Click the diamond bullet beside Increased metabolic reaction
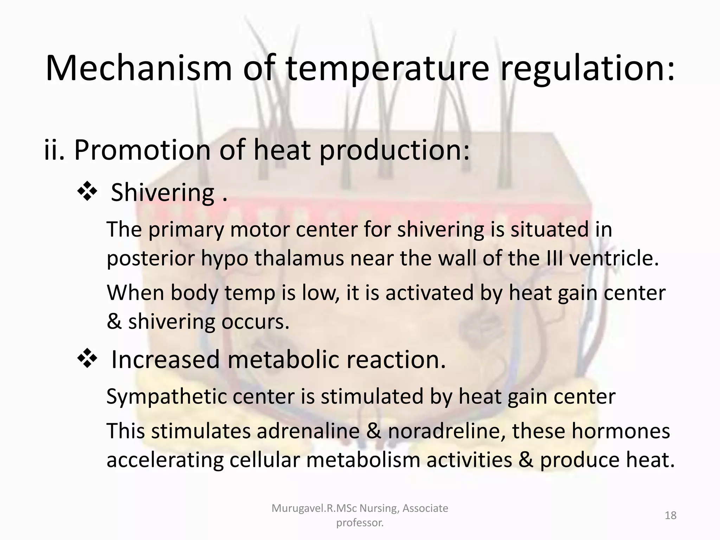click(x=87, y=360)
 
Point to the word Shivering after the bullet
click(x=162, y=193)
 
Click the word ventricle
click(x=613, y=258)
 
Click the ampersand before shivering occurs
click(x=114, y=322)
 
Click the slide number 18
click(x=671, y=515)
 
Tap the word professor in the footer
click(x=360, y=523)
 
